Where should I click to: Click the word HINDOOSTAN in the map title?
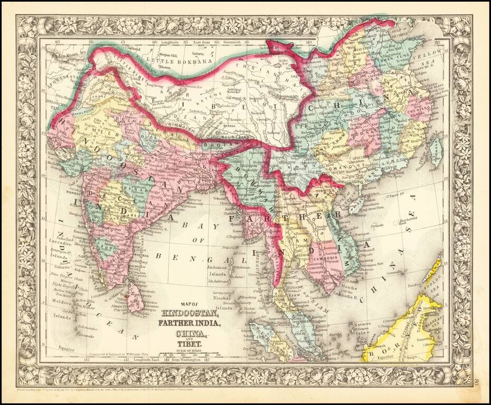point(186,314)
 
